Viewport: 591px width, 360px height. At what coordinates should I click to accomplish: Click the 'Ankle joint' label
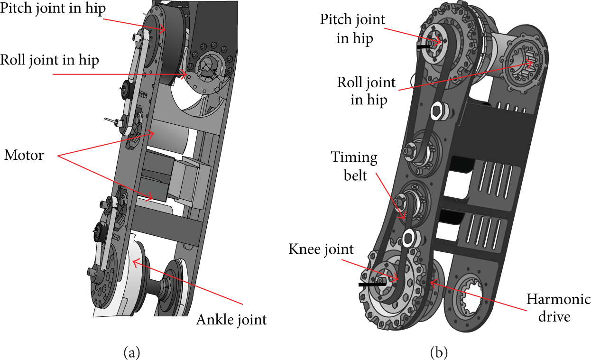pos(231,320)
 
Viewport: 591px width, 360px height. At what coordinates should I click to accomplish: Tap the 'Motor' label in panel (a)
pos(24,155)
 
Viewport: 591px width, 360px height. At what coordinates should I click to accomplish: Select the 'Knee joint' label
pos(321,249)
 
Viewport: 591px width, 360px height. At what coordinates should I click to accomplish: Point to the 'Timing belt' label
pos(354,166)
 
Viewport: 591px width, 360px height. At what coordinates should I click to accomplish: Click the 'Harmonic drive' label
pos(558,308)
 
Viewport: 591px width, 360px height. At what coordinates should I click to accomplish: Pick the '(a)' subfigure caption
pos(132,352)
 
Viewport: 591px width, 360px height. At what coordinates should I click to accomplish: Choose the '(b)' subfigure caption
pos(439,352)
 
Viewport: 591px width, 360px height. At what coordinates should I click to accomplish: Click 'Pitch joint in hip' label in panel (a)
pos(53,9)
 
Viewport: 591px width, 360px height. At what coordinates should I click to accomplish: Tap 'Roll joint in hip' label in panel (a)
pos(50,60)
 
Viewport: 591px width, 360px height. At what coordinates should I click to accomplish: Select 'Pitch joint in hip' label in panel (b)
pos(353,29)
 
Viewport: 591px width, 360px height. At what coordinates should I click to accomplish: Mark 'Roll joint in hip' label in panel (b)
pos(367,91)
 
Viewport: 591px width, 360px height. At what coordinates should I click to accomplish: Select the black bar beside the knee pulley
pos(372,285)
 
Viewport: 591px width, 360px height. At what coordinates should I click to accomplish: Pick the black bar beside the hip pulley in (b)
pos(424,46)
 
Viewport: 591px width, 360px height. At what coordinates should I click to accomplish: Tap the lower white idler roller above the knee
pos(409,238)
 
